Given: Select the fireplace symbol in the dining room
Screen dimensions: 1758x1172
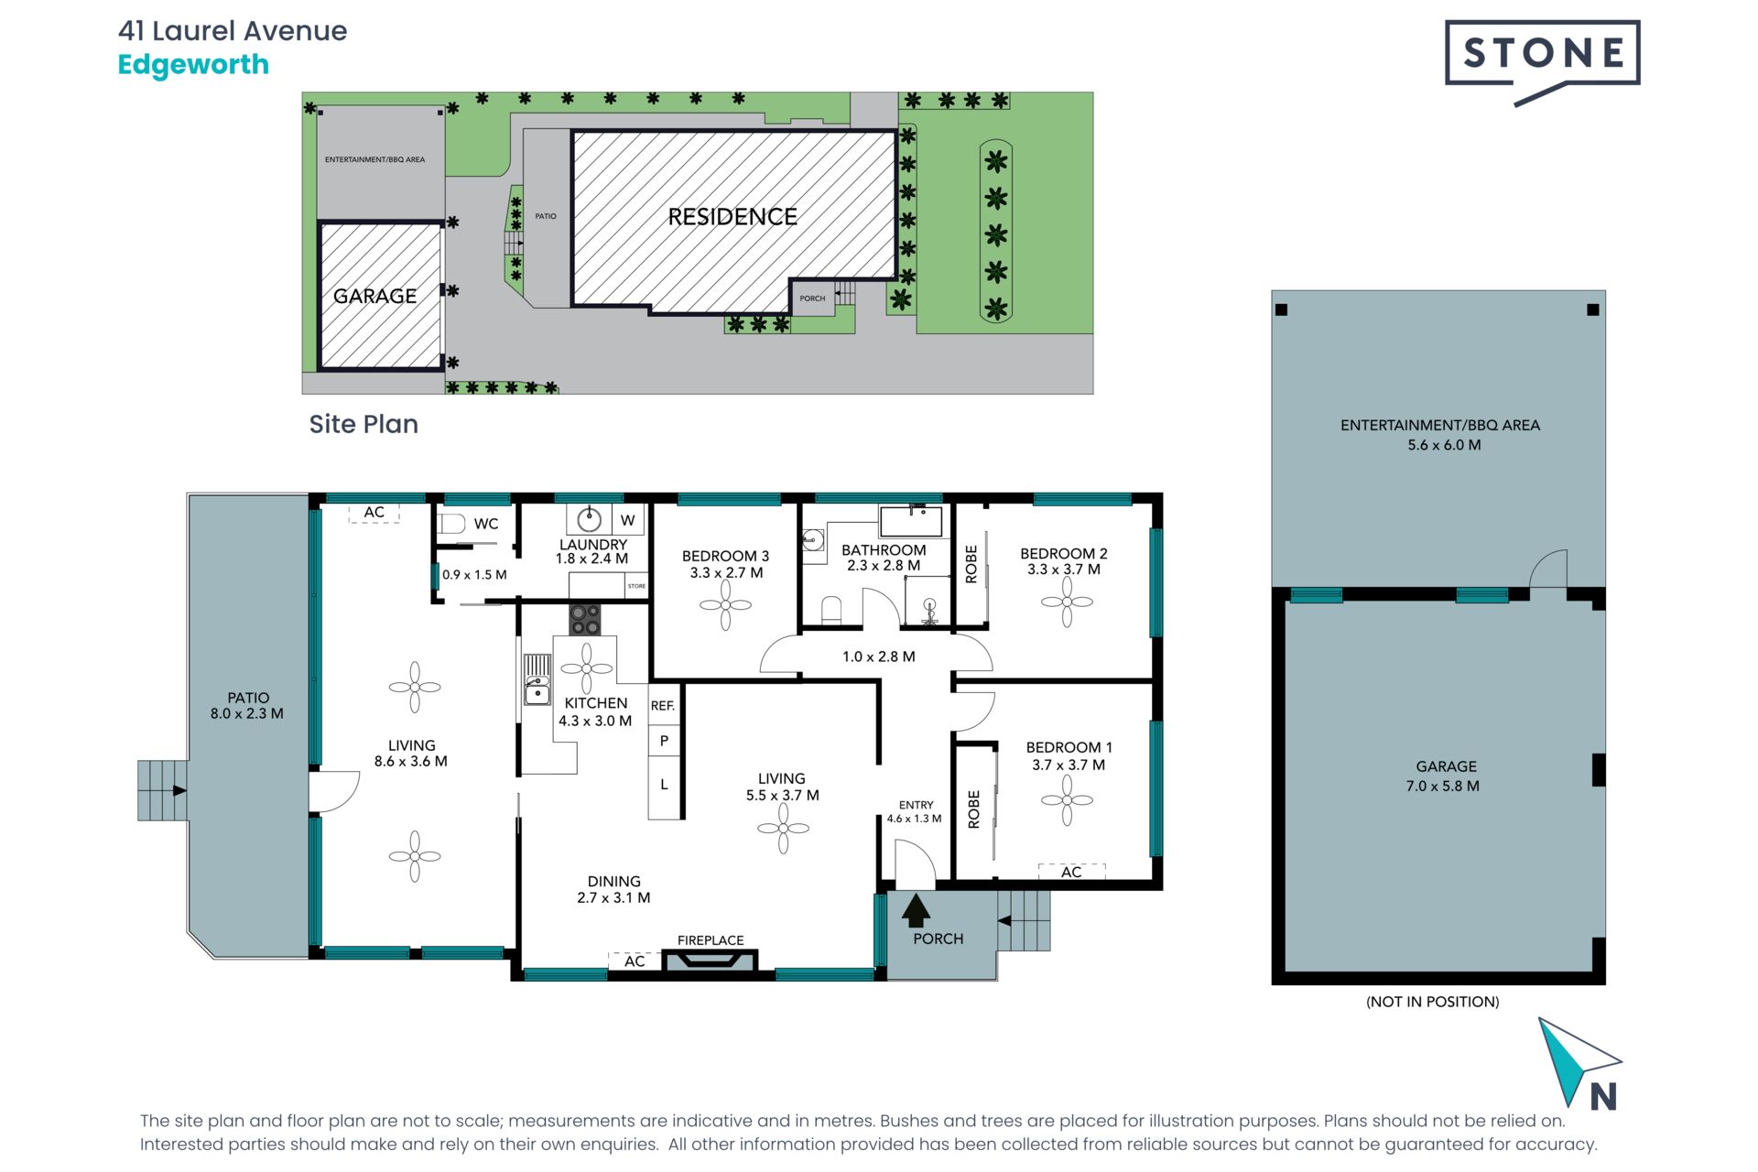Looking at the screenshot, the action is point(710,960).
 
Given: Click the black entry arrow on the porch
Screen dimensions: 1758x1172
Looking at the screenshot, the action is point(916,910).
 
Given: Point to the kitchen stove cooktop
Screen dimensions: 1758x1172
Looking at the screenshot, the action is point(585,619).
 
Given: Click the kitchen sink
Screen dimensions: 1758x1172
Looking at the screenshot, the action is point(537,679).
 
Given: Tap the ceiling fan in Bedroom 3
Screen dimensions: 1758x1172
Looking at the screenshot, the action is point(725,605).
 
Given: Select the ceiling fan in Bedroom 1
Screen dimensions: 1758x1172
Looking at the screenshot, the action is point(1067,800).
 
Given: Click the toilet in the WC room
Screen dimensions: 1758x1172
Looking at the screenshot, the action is point(450,524).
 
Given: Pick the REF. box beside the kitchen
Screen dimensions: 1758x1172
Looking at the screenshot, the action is point(663,706).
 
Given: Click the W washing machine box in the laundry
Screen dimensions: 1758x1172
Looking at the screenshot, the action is point(627,520).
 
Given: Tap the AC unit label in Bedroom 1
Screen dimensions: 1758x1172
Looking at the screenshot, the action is point(1071,872).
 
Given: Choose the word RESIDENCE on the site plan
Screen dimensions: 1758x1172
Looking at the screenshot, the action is point(732,217).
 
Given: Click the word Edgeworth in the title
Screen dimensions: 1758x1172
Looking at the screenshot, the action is point(193,65).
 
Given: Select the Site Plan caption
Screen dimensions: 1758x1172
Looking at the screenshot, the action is point(364,424).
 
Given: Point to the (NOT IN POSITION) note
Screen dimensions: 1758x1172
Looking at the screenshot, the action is point(1433,1002).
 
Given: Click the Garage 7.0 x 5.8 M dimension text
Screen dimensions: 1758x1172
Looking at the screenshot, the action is point(1443,786).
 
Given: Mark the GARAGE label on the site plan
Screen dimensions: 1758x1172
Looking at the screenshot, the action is point(374,296).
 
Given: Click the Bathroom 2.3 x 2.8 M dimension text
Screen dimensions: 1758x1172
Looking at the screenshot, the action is point(884,566).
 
